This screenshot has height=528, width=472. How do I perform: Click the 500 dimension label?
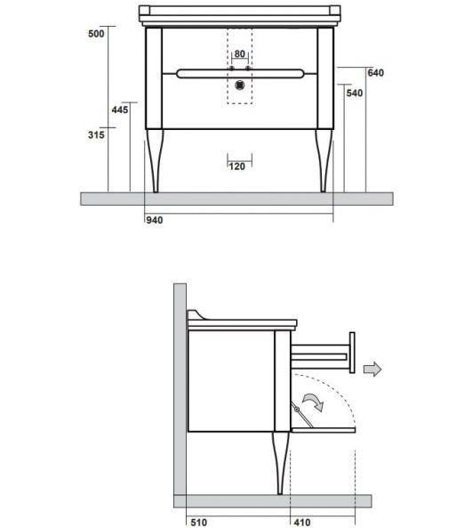pyautogui.click(x=96, y=34)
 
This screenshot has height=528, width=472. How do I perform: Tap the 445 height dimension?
pyautogui.click(x=120, y=110)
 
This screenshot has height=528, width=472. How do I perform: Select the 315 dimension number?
pyautogui.click(x=96, y=134)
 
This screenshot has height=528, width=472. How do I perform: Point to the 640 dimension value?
pyautogui.click(x=375, y=73)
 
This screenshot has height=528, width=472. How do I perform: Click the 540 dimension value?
pyautogui.click(x=355, y=93)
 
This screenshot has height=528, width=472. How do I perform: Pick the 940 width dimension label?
pyautogui.click(x=155, y=220)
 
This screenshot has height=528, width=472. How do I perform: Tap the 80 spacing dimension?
pyautogui.click(x=240, y=54)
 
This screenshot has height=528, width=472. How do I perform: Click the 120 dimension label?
pyautogui.click(x=237, y=167)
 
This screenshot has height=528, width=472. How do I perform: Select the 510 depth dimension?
pyautogui.click(x=199, y=523)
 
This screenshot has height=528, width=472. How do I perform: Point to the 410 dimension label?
pyautogui.click(x=302, y=523)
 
